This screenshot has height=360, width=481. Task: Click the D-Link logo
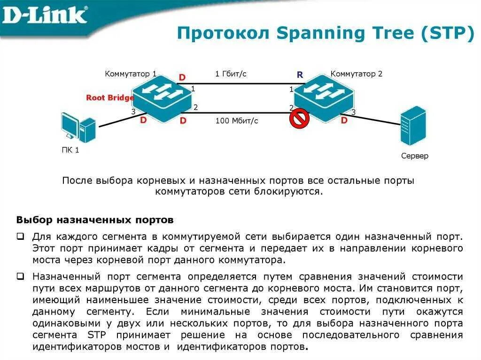(x=45, y=15)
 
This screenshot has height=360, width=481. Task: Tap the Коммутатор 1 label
(x=131, y=74)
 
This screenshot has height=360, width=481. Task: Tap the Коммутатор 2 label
(x=356, y=74)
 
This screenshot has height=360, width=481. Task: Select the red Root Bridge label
(x=110, y=98)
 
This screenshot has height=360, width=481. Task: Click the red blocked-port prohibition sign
(x=298, y=119)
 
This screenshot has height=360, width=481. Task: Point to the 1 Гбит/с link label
(x=231, y=74)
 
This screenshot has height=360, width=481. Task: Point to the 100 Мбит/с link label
(x=237, y=121)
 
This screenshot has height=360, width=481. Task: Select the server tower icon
(x=413, y=125)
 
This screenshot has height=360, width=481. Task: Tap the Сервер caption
(x=415, y=156)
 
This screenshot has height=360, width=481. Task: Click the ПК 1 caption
(x=70, y=151)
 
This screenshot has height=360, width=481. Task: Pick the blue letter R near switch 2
(x=300, y=75)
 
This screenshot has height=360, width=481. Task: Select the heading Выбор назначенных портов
(x=95, y=220)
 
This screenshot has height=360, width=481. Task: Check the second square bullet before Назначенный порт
(x=20, y=277)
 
